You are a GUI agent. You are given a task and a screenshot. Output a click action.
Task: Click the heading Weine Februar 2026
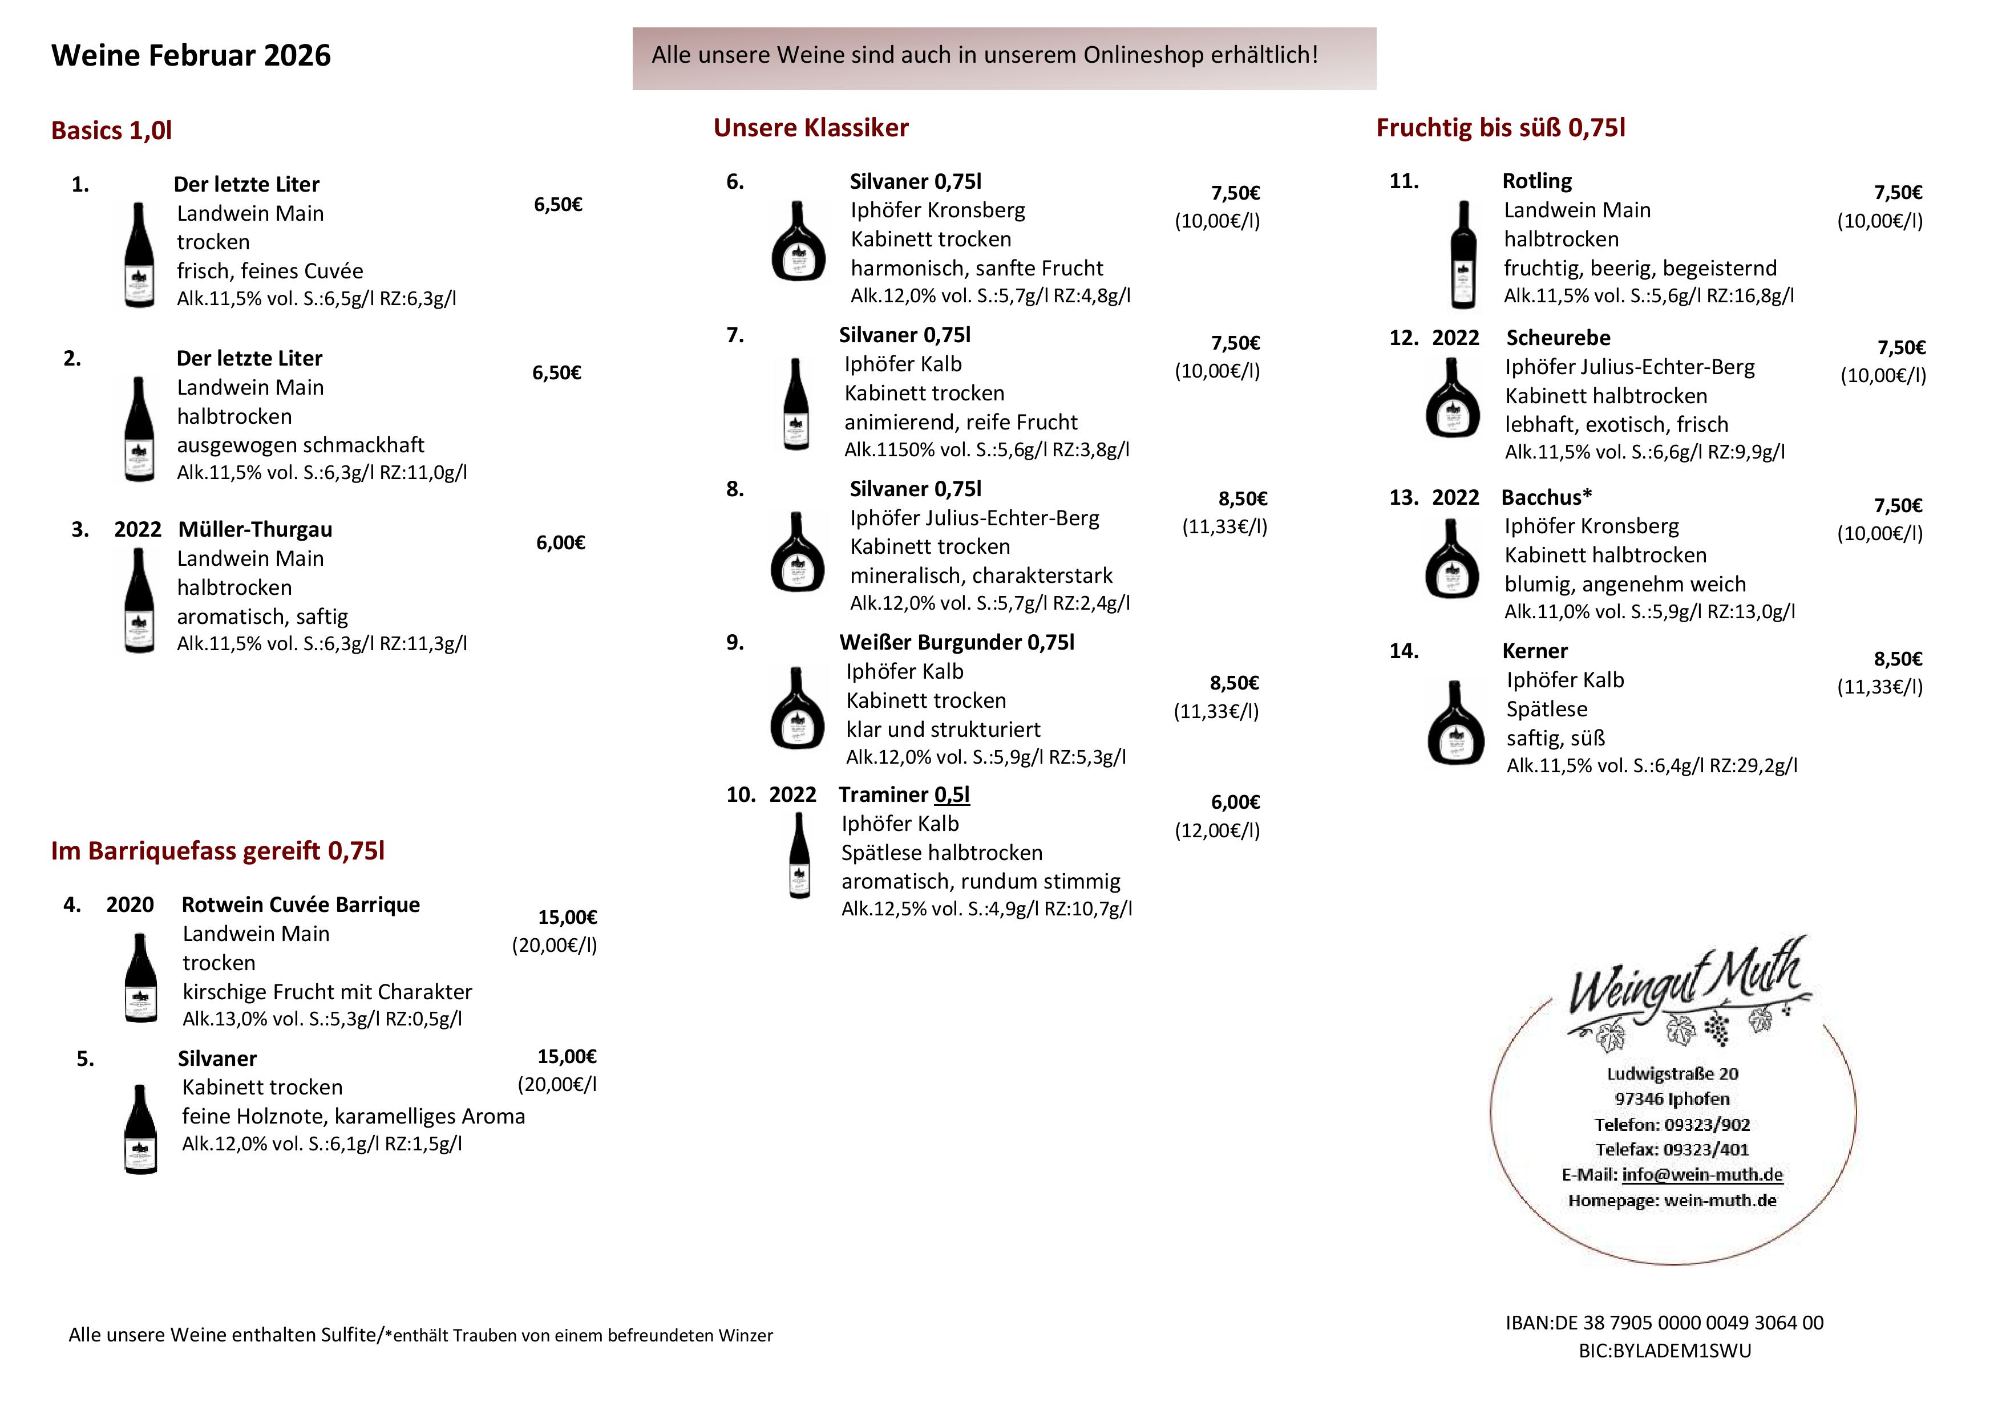tap(191, 55)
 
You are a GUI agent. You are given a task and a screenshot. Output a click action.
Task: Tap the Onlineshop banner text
tap(984, 55)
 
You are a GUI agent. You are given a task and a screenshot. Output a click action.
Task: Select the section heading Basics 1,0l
tap(112, 131)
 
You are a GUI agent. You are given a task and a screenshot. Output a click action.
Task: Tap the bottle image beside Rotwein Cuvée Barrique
tap(140, 978)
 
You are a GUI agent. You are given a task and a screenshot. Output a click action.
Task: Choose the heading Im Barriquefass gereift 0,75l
tap(217, 851)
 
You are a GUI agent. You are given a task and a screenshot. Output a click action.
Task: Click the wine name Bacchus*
tap(1546, 498)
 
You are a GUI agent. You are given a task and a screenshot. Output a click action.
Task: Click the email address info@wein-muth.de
tap(1701, 1174)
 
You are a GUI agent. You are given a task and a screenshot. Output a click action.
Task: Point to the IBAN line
tap(1664, 1323)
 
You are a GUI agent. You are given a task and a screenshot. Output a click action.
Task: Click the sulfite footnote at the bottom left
tap(420, 1335)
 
